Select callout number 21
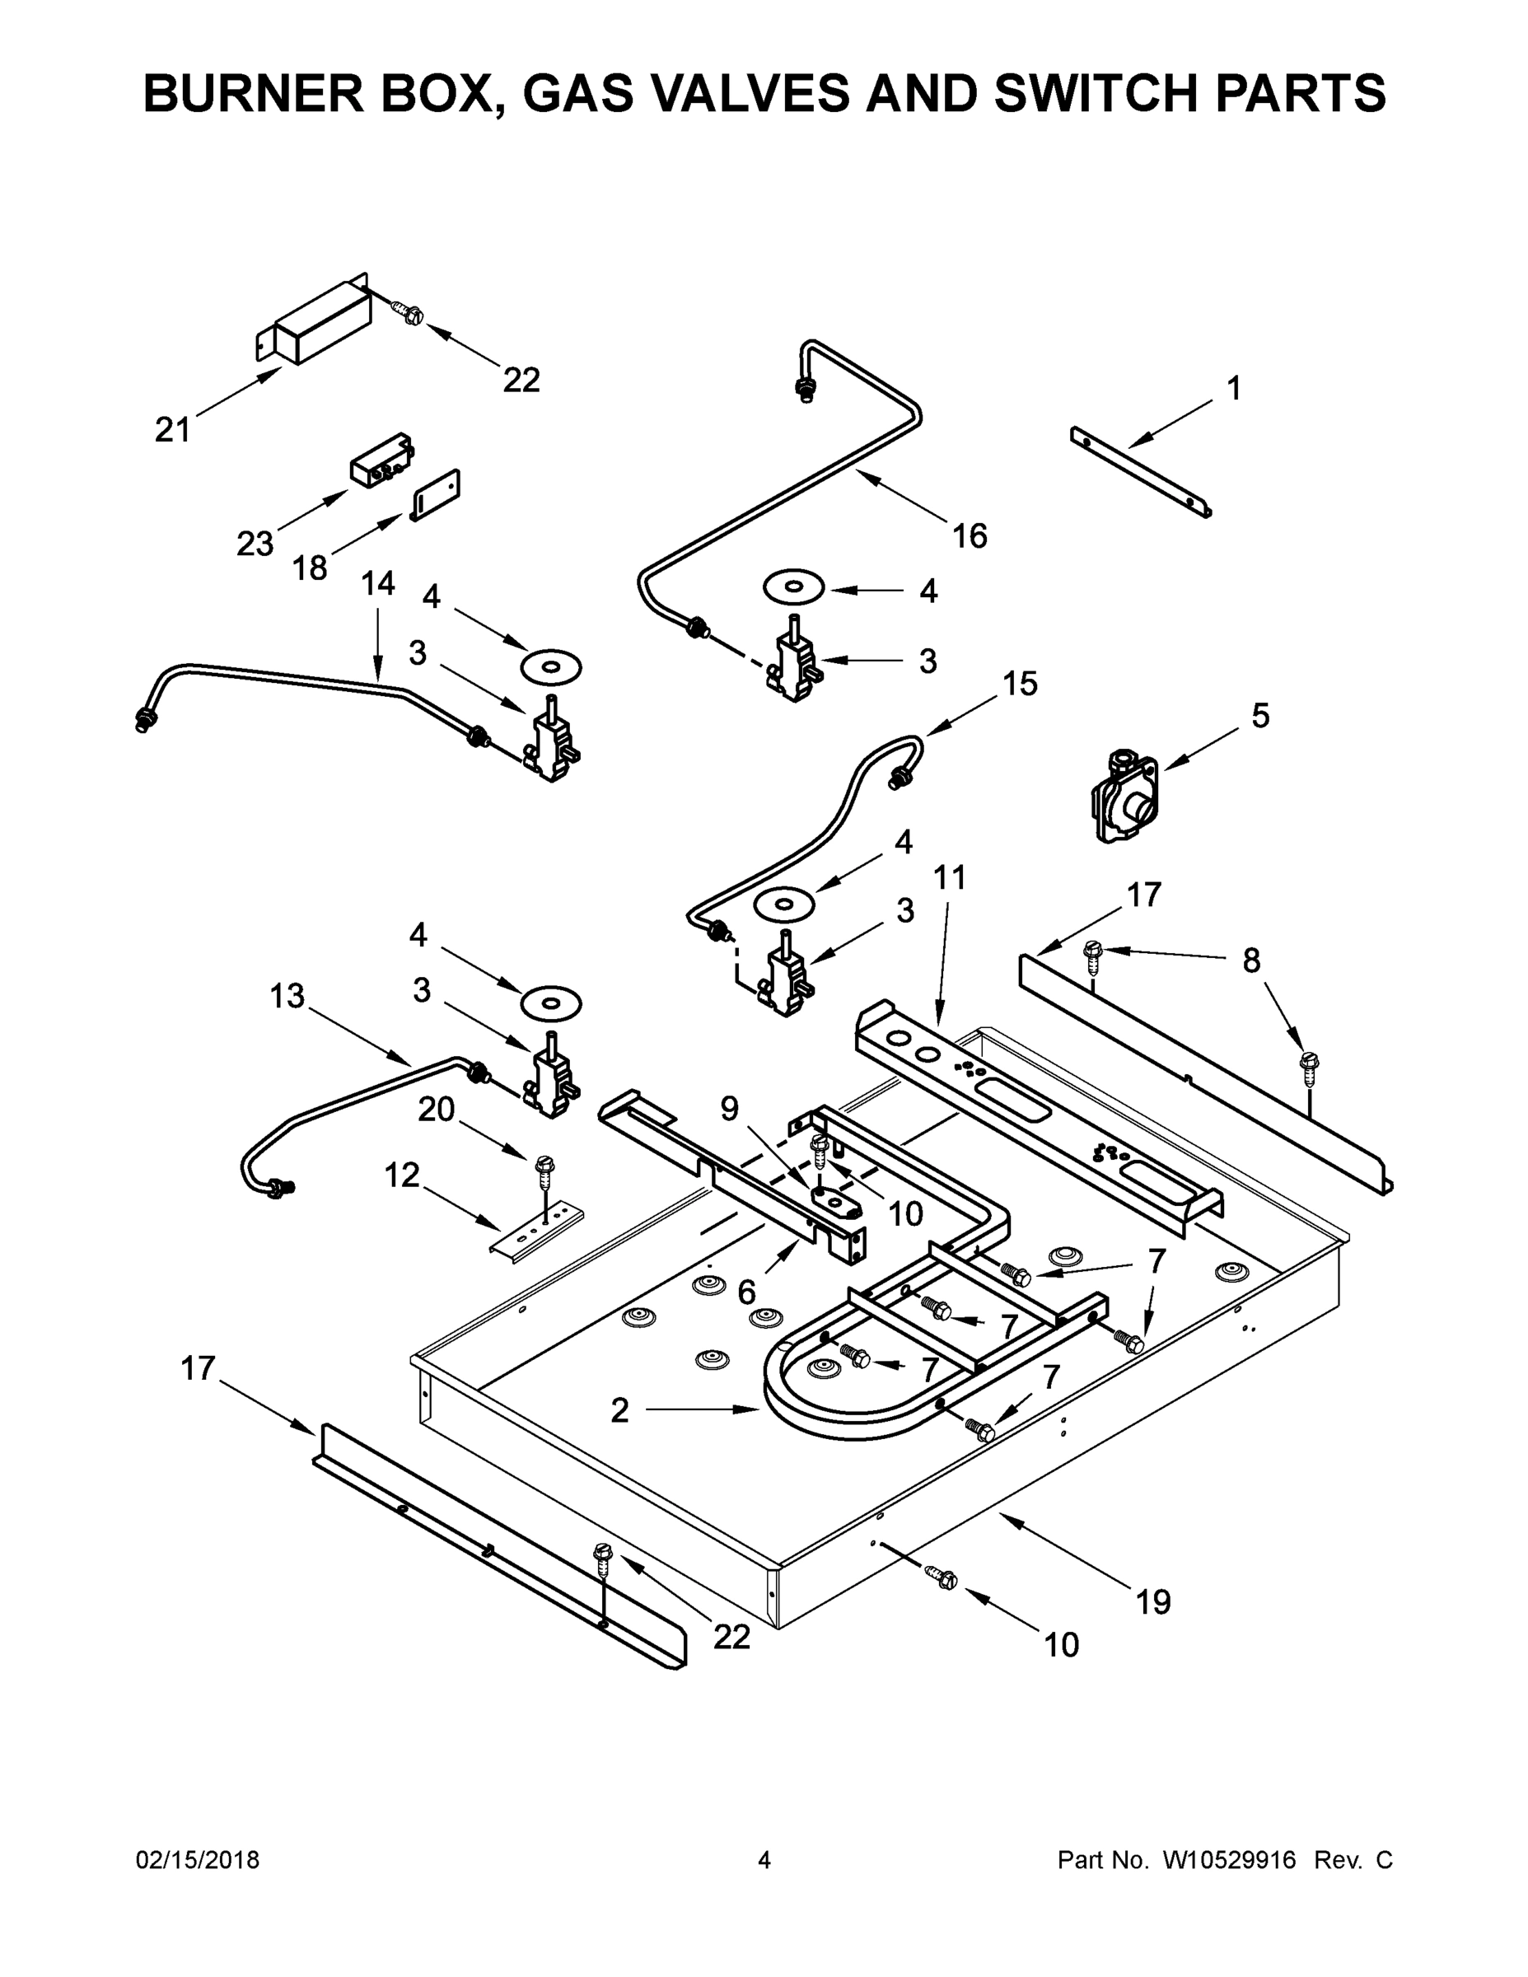[173, 430]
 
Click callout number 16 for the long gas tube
[970, 536]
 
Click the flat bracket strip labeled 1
[1141, 473]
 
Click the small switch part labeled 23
[381, 463]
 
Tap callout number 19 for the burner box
[1153, 1602]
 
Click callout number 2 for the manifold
[619, 1409]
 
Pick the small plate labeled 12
[538, 1228]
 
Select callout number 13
[287, 996]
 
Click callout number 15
[1019, 684]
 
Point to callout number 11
[950, 876]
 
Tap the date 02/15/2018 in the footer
[198, 1859]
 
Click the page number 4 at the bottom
[764, 1859]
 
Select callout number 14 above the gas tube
[377, 584]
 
